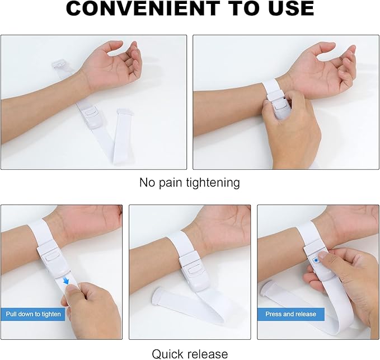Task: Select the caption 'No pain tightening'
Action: click(x=190, y=183)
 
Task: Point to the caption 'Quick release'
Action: click(x=190, y=353)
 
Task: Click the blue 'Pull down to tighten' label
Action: click(x=34, y=314)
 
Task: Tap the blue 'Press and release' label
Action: click(x=290, y=314)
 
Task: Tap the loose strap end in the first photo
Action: click(x=124, y=115)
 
